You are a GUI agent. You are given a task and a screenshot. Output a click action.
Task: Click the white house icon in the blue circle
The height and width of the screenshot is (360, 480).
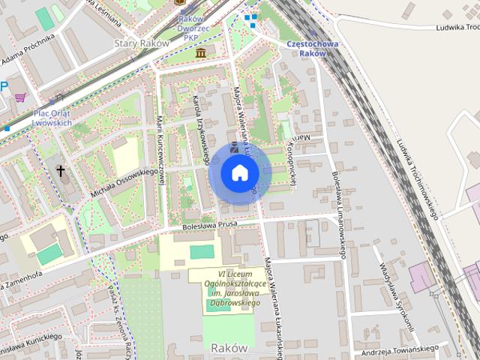point(239,173)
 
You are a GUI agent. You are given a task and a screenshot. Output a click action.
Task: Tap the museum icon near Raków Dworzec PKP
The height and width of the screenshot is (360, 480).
point(201,53)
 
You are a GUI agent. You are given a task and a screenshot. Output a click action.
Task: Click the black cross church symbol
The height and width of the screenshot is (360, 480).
point(61,171)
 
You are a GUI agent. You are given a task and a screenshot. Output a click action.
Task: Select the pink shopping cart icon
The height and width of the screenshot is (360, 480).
point(20,97)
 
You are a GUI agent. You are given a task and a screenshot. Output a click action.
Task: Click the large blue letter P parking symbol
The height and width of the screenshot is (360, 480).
point(4,87)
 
